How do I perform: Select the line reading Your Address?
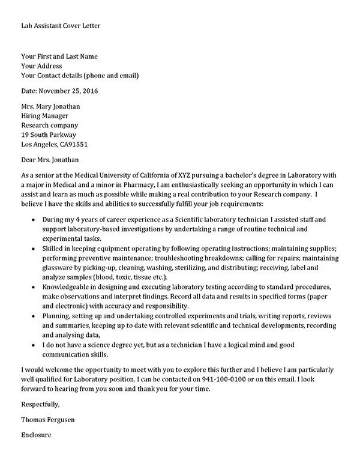point(41,66)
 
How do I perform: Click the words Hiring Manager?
point(45,116)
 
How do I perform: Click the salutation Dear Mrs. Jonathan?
point(50,160)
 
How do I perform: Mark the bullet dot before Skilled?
point(31,249)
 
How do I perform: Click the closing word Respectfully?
point(40,405)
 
